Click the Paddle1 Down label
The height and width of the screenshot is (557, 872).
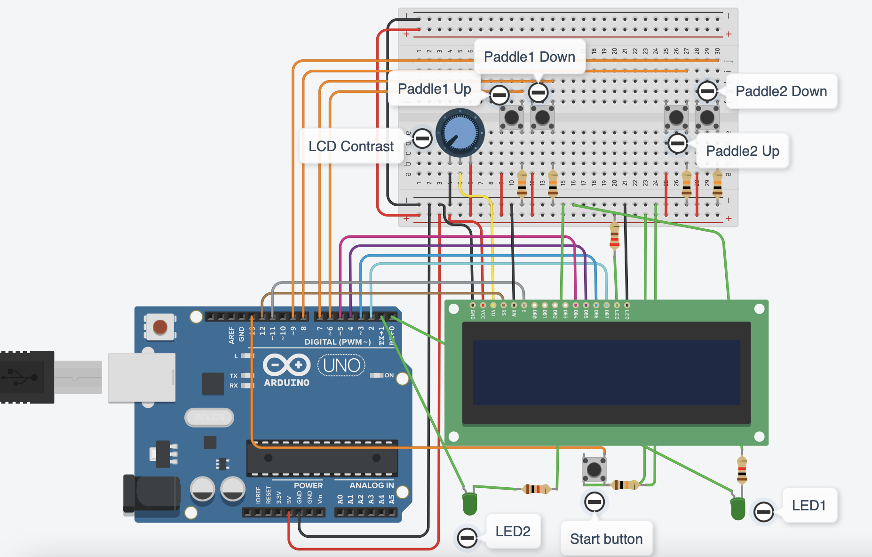pyautogui.click(x=529, y=57)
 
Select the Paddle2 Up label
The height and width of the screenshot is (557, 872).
pyautogui.click(x=742, y=151)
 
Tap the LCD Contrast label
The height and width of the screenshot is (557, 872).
pyautogui.click(x=351, y=146)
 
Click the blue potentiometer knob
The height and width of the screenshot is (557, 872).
pyautogui.click(x=460, y=132)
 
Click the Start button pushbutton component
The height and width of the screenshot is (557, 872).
pyautogui.click(x=594, y=469)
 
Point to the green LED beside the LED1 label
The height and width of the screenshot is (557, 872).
pyautogui.click(x=737, y=509)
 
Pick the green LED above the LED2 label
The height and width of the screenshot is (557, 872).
pyautogui.click(x=469, y=504)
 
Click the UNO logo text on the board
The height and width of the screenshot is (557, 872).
pyautogui.click(x=341, y=365)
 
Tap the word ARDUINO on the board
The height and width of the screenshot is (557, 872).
pyautogui.click(x=286, y=383)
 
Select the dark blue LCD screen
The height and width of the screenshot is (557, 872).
pyautogui.click(x=606, y=372)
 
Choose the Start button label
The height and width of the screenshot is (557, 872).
pyautogui.click(x=606, y=539)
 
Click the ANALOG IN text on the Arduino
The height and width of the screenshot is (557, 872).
pyautogui.click(x=372, y=485)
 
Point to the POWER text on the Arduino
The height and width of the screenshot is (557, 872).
pyautogui.click(x=308, y=485)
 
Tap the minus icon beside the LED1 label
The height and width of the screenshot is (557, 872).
pyautogui.click(x=763, y=511)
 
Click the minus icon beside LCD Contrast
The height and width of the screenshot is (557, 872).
pyautogui.click(x=422, y=138)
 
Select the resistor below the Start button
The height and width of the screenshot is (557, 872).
pyautogui.click(x=625, y=484)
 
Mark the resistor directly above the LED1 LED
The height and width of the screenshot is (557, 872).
pyautogui.click(x=742, y=469)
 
